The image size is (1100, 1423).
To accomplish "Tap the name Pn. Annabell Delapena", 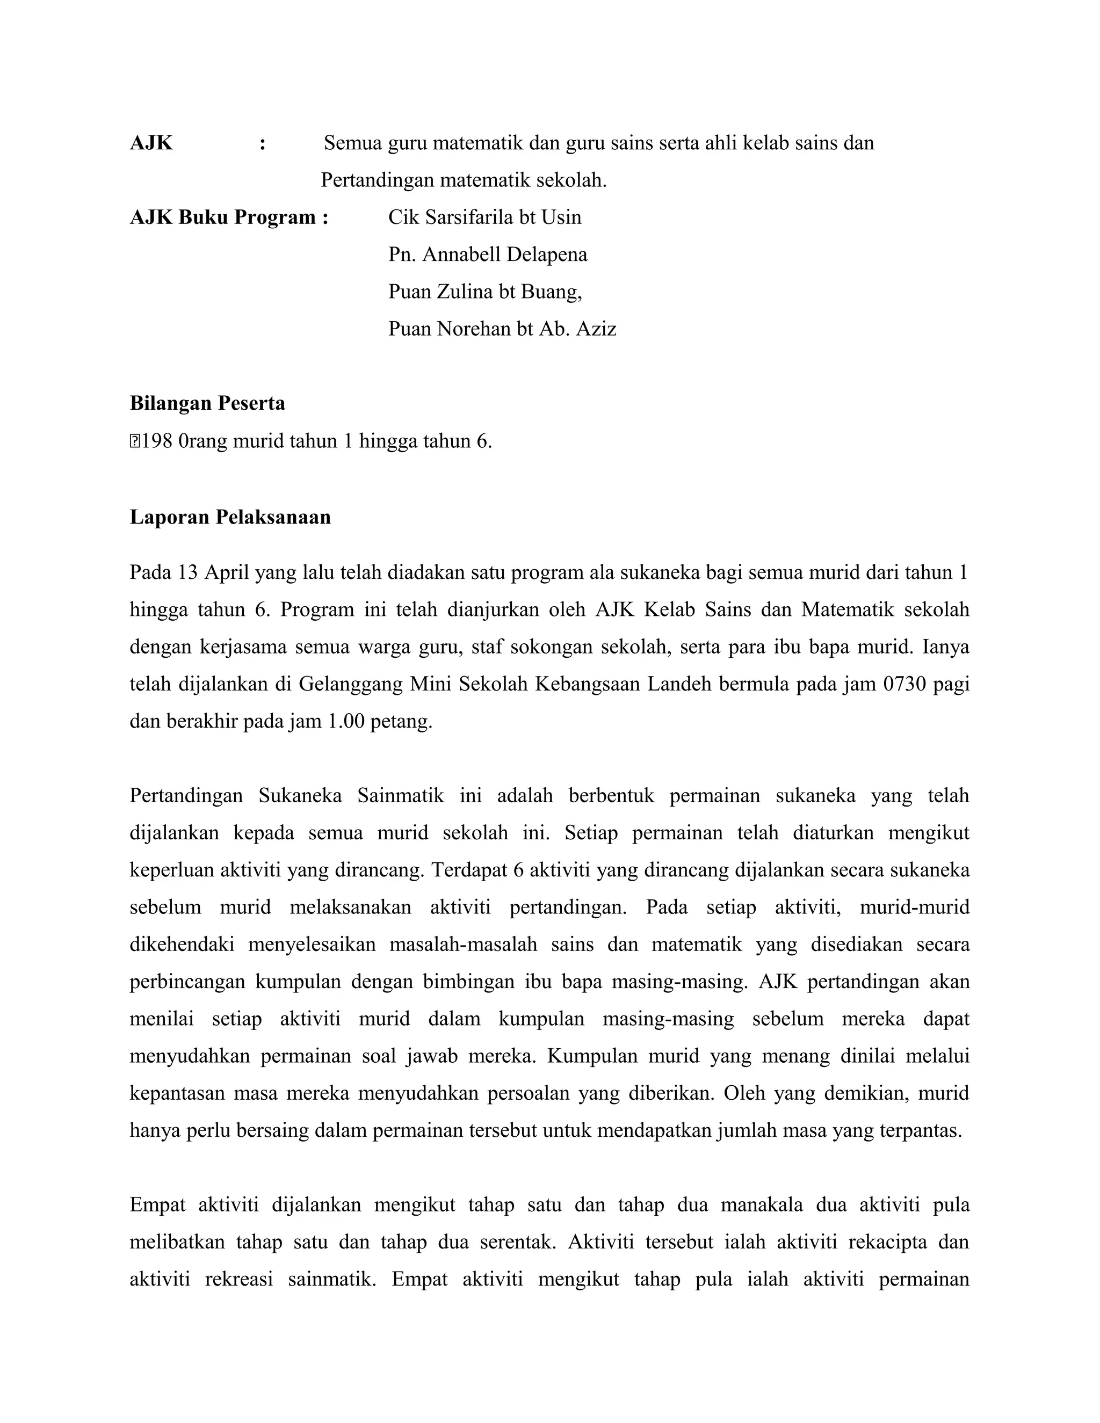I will point(488,254).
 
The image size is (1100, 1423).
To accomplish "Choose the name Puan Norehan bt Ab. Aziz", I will point(502,329).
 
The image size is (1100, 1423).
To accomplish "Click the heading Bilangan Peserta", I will point(207,403).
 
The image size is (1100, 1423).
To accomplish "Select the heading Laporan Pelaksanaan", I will point(230,517).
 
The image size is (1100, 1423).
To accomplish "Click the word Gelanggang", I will point(350,684).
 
